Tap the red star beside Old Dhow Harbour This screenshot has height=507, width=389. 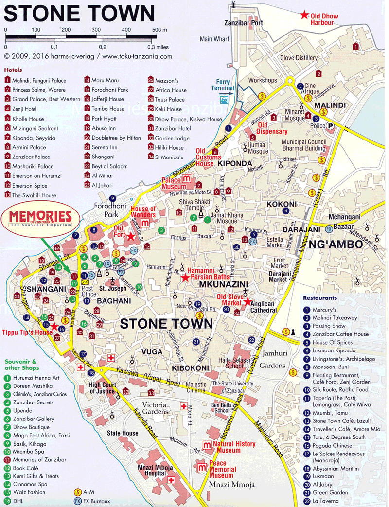[x=304, y=15]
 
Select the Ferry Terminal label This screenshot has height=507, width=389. [x=223, y=85]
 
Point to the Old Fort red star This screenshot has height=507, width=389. [x=131, y=236]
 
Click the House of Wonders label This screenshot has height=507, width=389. [x=143, y=212]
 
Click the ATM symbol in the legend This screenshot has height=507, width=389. [x=77, y=491]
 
